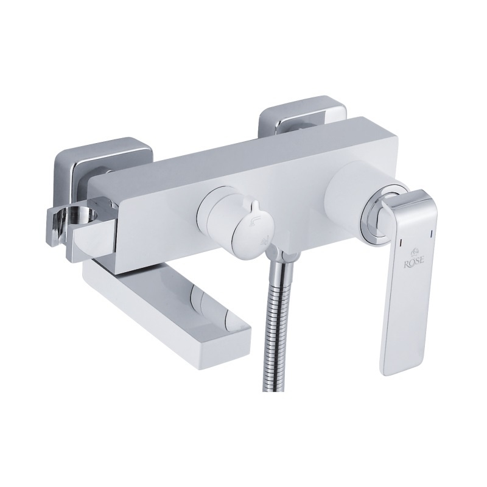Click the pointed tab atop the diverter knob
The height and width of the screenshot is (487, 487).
click(x=256, y=208)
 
